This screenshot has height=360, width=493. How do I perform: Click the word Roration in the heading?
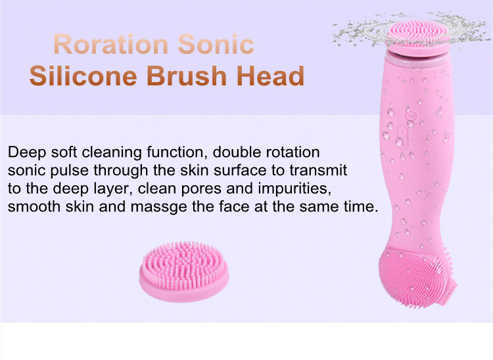[111, 44]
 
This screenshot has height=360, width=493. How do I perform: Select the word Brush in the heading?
[187, 76]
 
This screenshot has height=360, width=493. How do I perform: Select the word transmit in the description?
[318, 170]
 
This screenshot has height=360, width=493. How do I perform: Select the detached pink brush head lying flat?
[184, 271]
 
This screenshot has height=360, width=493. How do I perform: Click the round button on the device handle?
[411, 116]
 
